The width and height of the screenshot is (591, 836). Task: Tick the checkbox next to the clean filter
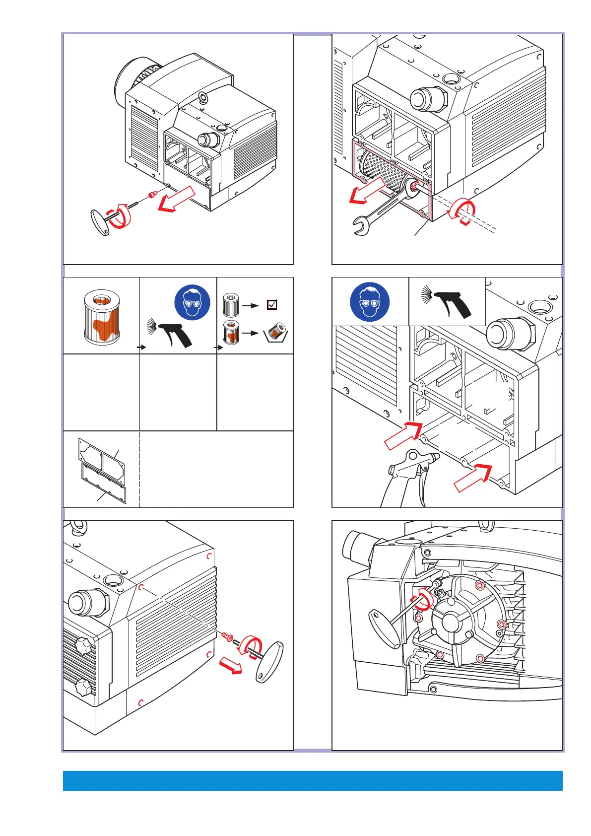point(272,305)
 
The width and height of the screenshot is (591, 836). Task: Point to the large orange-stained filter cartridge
point(102,317)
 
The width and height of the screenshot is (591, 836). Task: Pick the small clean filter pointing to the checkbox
point(231,305)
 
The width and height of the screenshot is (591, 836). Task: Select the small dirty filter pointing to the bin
point(231,332)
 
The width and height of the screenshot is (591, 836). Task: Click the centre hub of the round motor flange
point(451,621)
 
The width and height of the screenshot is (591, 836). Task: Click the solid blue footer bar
point(313,780)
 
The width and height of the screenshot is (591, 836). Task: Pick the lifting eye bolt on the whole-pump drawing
point(202,97)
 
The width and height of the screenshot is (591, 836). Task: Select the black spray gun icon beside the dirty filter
point(171,333)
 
